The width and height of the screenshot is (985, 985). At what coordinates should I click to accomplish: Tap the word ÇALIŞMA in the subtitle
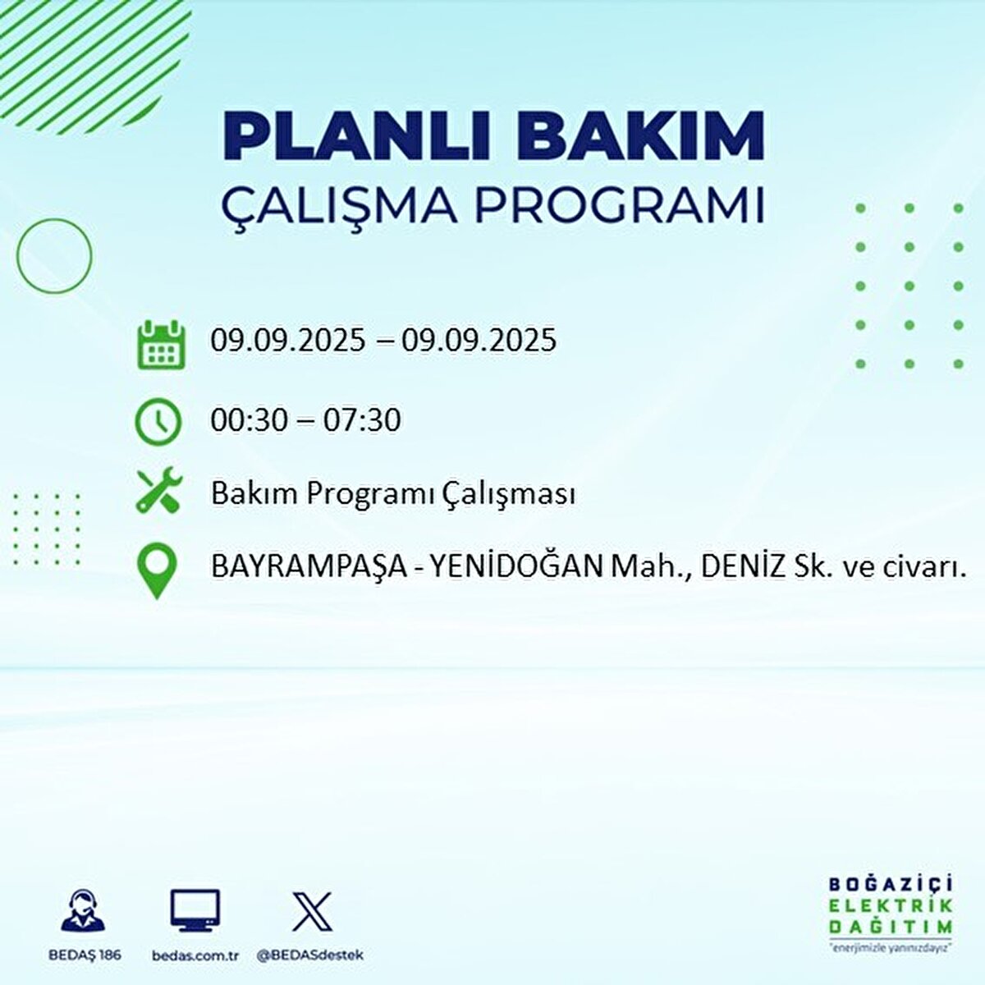point(339,206)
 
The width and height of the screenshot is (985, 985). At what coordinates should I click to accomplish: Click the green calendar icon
point(160,344)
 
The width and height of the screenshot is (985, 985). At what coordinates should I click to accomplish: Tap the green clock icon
point(158,422)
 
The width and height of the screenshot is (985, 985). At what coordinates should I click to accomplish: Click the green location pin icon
point(156,571)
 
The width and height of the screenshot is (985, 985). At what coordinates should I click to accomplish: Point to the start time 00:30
point(250,421)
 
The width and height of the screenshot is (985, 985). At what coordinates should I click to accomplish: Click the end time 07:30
point(362,421)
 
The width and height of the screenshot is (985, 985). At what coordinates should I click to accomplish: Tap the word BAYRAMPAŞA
point(309,568)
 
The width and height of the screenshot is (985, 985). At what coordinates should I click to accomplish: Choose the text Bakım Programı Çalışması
point(392,494)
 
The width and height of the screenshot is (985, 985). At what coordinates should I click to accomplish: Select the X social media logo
point(313,911)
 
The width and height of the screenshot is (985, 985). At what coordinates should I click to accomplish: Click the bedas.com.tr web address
point(195,955)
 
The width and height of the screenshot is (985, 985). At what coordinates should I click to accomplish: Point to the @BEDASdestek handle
point(310,955)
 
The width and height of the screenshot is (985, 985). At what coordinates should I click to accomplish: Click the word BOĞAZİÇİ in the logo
point(891,885)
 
